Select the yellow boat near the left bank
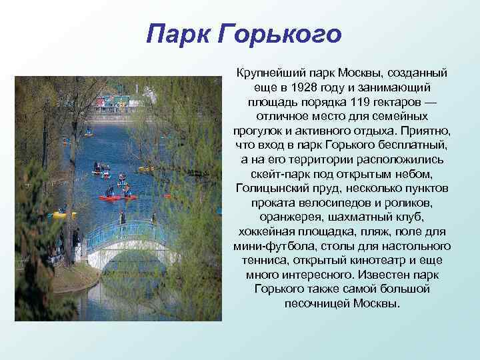tap(62, 215)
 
